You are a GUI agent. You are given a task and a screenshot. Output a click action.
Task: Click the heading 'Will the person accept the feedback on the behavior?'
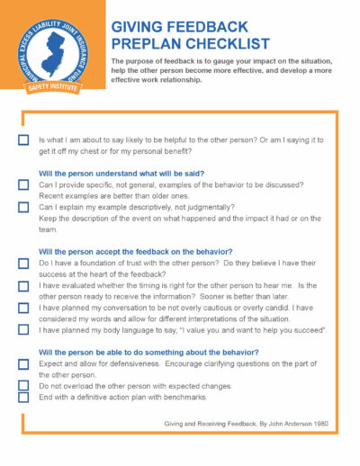coord(136,251)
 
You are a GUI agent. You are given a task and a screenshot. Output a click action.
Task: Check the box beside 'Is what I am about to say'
coord(23,141)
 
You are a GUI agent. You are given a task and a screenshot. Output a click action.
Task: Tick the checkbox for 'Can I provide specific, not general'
coord(23,184)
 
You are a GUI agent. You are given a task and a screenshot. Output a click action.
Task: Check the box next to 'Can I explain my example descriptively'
coord(23,206)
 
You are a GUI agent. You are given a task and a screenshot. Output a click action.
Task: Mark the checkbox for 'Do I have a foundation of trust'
coord(23,264)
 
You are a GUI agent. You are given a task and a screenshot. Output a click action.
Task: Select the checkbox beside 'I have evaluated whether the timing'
coord(23,285)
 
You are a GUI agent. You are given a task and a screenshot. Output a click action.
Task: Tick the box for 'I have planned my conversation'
coord(23,308)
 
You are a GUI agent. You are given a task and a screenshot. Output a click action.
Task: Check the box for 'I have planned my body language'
coord(23,330)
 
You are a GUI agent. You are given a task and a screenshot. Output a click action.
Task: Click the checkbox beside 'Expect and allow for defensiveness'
coord(23,364)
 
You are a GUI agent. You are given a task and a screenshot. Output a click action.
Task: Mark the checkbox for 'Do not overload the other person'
coord(23,386)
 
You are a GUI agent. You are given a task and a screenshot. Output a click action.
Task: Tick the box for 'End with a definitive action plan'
coord(23,398)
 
